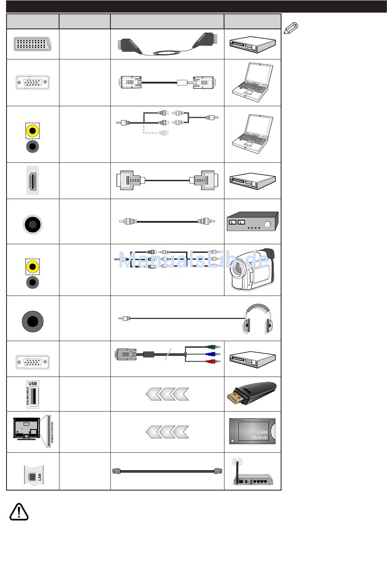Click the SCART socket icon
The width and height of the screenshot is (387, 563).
point(32,44)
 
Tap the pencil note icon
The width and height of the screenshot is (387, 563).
point(291,28)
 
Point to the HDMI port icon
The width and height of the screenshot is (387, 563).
point(33,180)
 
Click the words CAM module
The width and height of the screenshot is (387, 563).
point(259,435)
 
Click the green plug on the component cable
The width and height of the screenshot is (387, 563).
point(212,347)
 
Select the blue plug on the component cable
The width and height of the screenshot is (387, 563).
point(212,354)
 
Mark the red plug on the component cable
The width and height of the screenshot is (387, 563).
point(212,361)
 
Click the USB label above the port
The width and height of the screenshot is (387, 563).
point(33,383)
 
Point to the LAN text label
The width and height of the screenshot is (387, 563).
point(40,477)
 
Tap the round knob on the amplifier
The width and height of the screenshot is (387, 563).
point(267,224)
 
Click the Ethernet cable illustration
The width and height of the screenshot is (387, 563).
point(167,471)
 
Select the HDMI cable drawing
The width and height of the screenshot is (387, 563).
point(167,180)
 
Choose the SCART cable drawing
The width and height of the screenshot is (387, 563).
point(167,44)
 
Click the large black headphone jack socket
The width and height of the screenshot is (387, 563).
point(33,321)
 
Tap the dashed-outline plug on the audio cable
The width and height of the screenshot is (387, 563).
point(163,132)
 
